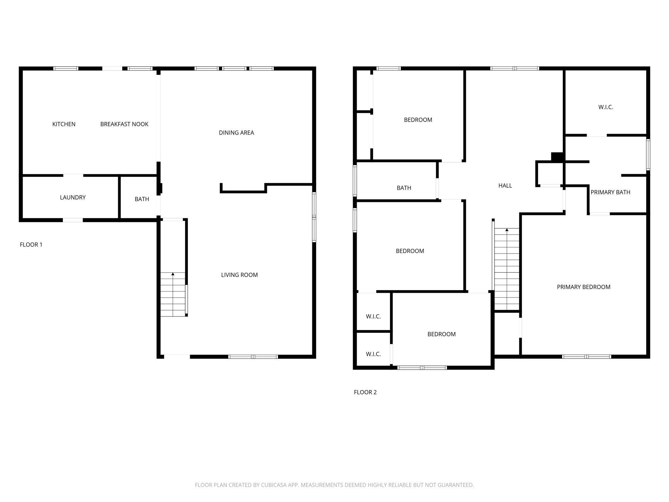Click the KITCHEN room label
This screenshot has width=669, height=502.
[x=64, y=124]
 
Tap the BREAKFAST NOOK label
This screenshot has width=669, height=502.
[x=124, y=124]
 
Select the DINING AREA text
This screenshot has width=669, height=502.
[x=236, y=133]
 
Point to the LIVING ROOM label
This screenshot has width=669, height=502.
[x=239, y=275]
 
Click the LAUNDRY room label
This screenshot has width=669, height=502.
[x=73, y=197]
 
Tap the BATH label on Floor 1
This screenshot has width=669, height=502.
[x=142, y=199]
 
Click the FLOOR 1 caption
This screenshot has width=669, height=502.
[x=31, y=244]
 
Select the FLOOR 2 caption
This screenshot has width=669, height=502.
[x=365, y=392]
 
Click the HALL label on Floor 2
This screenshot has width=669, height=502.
[x=505, y=186]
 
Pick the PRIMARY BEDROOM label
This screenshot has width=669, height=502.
[x=583, y=287]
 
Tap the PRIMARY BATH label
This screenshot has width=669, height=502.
[x=610, y=192]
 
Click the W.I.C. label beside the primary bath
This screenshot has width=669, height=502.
[x=605, y=107]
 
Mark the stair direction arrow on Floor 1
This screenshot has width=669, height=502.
[x=173, y=274]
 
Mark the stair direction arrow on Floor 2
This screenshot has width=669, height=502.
[x=507, y=230]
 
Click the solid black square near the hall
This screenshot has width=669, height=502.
[x=557, y=157]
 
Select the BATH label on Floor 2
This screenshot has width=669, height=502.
[x=404, y=188]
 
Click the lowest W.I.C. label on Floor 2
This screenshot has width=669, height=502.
[x=373, y=354]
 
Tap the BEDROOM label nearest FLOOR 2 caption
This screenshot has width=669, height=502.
[x=441, y=334]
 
